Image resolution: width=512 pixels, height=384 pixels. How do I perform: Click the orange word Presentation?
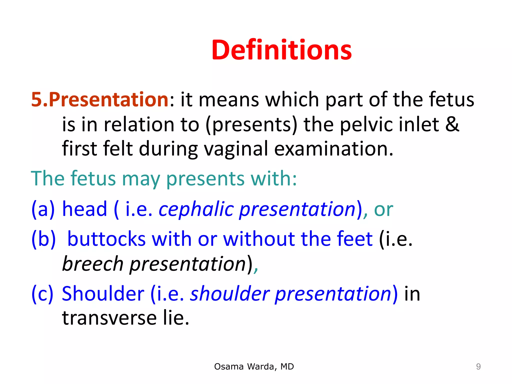coord(108,99)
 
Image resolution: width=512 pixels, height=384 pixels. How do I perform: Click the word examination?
coord(334,149)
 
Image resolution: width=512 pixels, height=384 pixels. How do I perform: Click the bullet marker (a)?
coord(43,209)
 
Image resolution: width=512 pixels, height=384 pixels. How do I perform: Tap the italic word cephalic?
coord(196,209)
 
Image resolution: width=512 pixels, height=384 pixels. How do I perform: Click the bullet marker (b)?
coord(43,239)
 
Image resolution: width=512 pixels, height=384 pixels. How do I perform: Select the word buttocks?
coord(106,239)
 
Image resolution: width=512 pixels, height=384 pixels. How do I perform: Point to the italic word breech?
coord(93,264)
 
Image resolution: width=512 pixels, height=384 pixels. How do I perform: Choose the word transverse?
coord(109,318)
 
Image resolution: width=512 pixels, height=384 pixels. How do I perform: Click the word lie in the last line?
coord(176,318)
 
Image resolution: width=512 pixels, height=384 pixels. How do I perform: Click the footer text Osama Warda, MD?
coord(254,366)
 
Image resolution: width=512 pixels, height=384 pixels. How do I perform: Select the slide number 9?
coord(478,367)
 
